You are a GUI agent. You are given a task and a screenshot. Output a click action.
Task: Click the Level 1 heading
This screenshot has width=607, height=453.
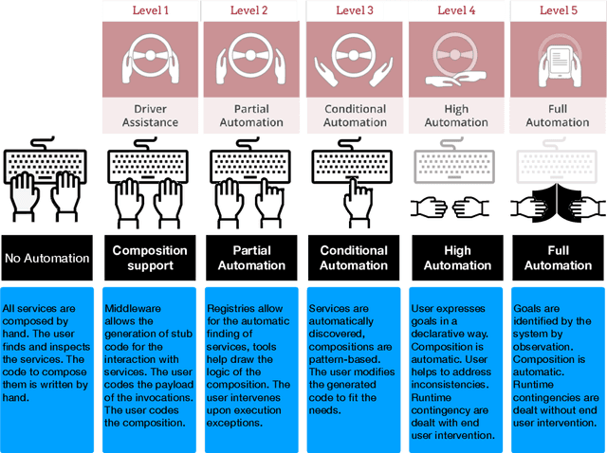(x=151, y=10)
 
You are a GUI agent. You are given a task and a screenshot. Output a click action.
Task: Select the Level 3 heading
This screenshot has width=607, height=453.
(x=355, y=10)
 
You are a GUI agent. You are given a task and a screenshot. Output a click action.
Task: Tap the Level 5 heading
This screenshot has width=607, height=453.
(x=558, y=10)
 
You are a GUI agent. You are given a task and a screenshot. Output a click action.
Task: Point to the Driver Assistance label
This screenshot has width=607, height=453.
(x=151, y=116)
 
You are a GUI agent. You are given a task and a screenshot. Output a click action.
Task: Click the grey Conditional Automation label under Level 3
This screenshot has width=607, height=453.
(x=355, y=116)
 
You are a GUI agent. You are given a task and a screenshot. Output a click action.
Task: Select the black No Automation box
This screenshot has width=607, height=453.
(x=46, y=258)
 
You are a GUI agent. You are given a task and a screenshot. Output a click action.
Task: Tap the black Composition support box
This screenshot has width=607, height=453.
(x=151, y=258)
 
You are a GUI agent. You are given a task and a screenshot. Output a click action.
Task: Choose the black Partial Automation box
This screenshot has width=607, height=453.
(x=252, y=258)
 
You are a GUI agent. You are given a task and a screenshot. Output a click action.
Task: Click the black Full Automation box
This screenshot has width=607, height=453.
(x=558, y=258)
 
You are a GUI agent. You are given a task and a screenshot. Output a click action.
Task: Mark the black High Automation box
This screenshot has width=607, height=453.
(x=456, y=258)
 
